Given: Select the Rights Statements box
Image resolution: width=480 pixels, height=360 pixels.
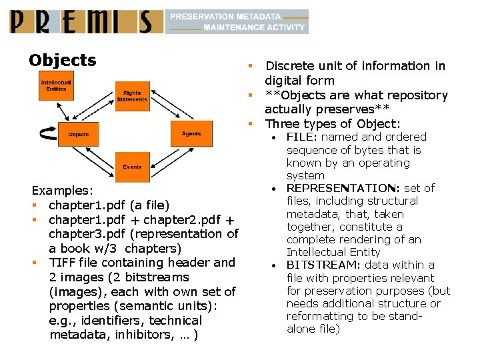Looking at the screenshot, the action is click(x=132, y=96).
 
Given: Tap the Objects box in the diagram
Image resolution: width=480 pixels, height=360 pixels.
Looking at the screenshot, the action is click(x=79, y=134).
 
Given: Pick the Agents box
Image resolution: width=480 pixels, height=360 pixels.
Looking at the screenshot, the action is click(x=191, y=133).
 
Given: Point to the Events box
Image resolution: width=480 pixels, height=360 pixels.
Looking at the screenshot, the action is click(x=132, y=167).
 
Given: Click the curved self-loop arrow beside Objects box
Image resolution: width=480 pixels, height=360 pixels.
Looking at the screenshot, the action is click(x=47, y=134).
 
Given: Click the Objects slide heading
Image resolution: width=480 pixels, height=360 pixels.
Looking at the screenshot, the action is click(x=63, y=61).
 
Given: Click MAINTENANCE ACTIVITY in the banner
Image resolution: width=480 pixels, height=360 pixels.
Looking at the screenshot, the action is click(x=253, y=27).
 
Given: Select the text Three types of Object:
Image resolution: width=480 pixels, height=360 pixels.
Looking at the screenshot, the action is click(x=332, y=124).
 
